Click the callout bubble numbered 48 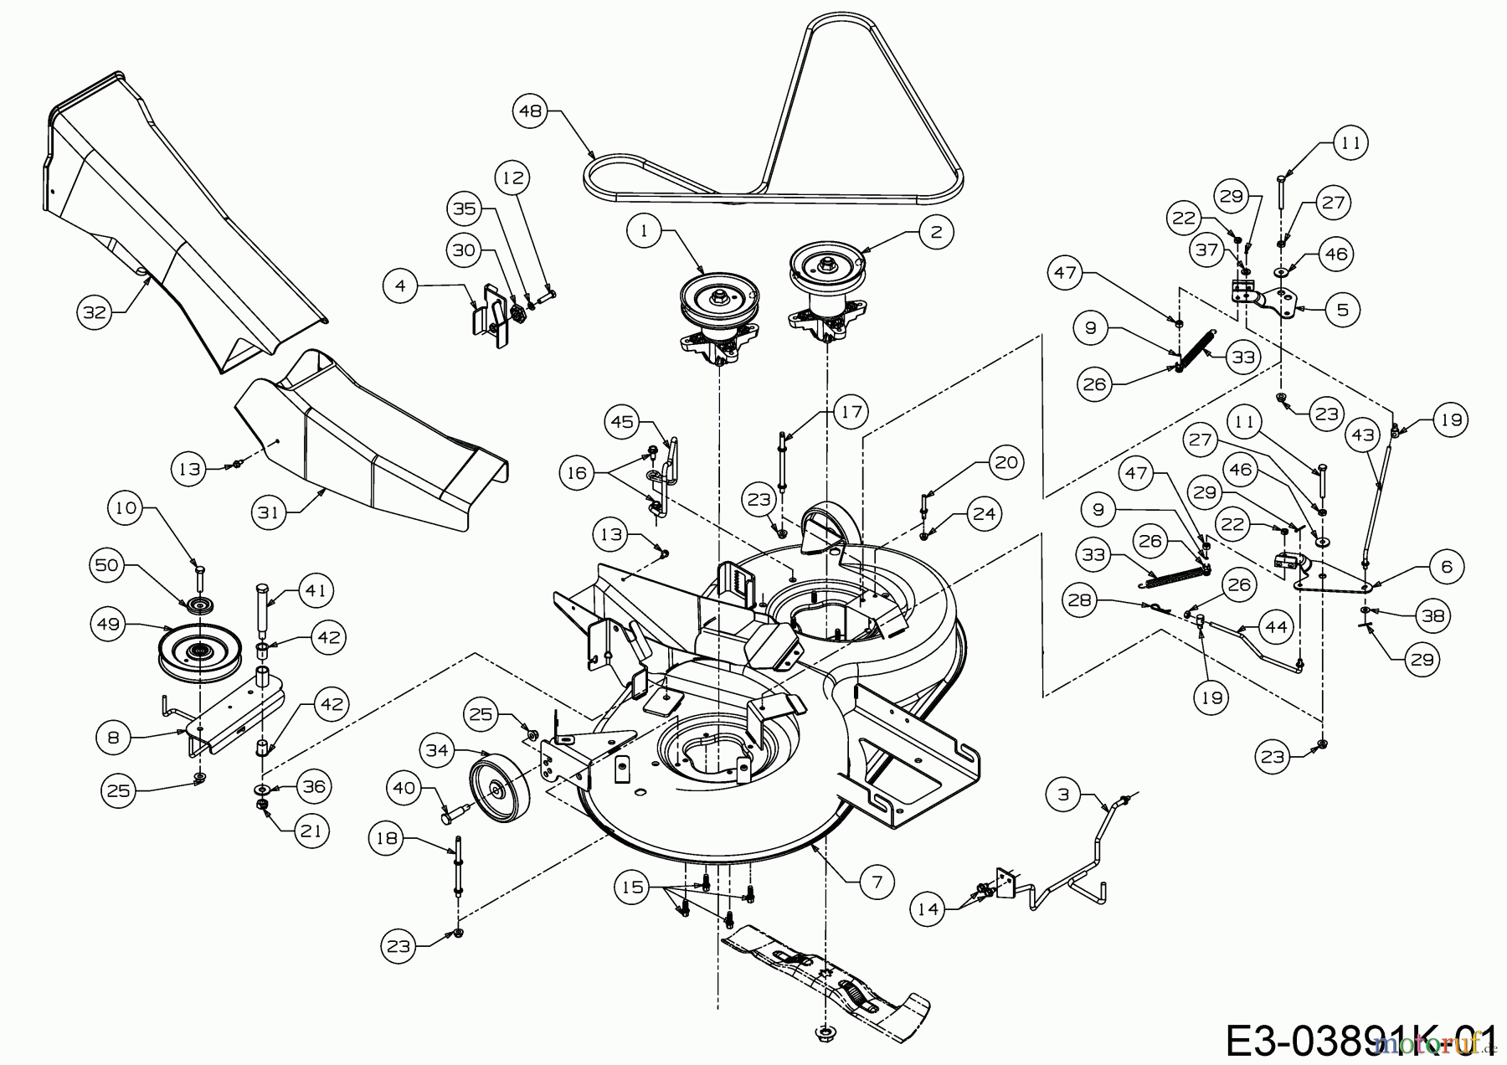pos(531,111)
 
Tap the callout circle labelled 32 pos(95,312)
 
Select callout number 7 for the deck pos(877,881)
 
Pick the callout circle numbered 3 pos(1063,795)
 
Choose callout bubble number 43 pos(1363,436)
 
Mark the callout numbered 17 pos(851,412)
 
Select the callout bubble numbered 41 pos(315,590)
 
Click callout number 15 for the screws pos(633,886)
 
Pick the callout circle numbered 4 pos(400,286)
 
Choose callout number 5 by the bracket pos(1343,310)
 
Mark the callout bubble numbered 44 pos(1276,627)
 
